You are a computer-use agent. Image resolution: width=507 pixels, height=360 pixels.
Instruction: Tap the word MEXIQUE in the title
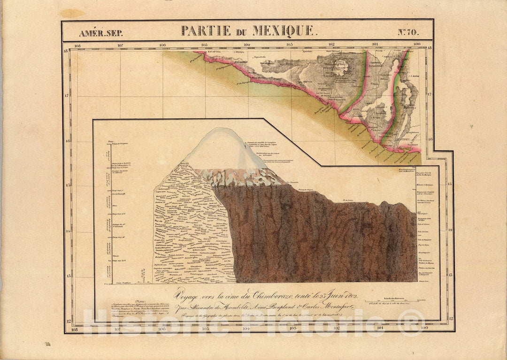[283, 31]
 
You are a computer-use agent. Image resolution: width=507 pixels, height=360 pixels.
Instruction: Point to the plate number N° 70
[408, 33]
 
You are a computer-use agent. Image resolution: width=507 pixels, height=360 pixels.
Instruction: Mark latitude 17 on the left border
[67, 95]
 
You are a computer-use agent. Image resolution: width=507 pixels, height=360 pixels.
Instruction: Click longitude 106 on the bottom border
[162, 328]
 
